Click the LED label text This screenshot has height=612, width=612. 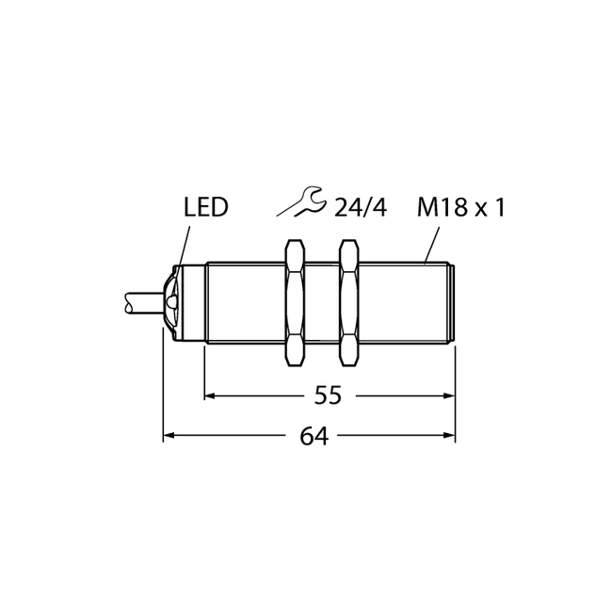coord(205,207)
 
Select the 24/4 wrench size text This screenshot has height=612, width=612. coord(361,207)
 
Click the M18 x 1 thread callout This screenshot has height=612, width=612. coord(461,207)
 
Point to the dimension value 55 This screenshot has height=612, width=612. coord(329,395)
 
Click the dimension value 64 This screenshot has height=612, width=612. coord(314,436)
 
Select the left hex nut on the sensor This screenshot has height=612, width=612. coord(295,302)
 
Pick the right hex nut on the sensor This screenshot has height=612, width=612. coord(348,302)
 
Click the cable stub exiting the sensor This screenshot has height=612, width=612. coord(143,302)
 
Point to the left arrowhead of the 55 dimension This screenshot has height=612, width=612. coord(210,395)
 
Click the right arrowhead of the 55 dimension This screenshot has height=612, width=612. coord(450,395)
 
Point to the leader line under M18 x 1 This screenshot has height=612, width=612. coord(432,244)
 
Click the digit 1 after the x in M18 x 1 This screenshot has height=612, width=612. coord(499,207)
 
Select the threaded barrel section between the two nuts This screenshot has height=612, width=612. coord(322,302)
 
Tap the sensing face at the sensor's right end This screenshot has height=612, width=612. coord(454,302)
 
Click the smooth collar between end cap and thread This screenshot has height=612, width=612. coord(194,302)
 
